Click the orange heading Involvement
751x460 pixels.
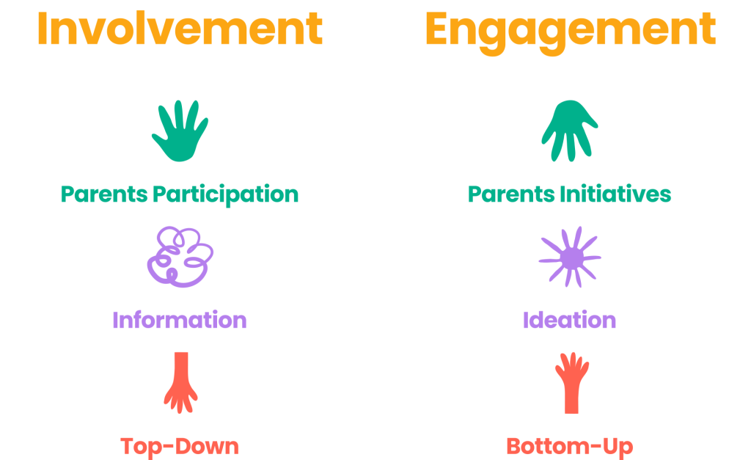tap(180, 29)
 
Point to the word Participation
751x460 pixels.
tap(226, 195)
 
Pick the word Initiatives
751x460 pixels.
tap(615, 194)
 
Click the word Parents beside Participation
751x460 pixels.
tap(104, 194)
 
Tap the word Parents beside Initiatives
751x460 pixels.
tap(511, 194)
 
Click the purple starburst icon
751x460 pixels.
tap(570, 258)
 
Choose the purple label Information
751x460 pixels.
tap(180, 320)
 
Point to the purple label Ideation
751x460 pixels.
tap(569, 320)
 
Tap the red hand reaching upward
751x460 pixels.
tap(571, 383)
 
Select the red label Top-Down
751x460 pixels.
tap(180, 447)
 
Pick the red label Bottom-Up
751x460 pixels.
tap(569, 447)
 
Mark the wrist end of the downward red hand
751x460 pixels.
tap(181, 354)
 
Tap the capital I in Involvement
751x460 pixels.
tap(42, 29)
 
